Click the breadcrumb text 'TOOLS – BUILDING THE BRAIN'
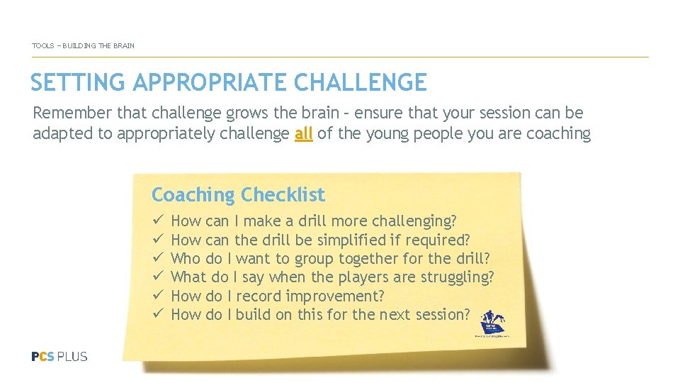pos(83,46)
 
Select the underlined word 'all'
pos(303,133)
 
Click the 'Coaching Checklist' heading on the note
pos(238,194)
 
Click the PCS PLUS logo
pos(59,356)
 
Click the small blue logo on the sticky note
pos(493,323)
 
